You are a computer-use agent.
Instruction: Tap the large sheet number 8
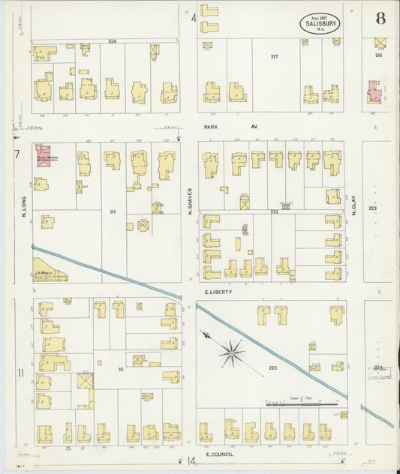point(382,16)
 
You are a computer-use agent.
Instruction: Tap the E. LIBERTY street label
point(217,291)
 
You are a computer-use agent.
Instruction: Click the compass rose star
point(232,349)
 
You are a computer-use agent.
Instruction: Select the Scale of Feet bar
point(302,405)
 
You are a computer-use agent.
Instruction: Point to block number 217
point(274,57)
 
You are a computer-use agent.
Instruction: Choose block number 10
point(120,369)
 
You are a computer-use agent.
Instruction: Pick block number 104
point(113,40)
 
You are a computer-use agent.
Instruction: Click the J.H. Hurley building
point(49,271)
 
